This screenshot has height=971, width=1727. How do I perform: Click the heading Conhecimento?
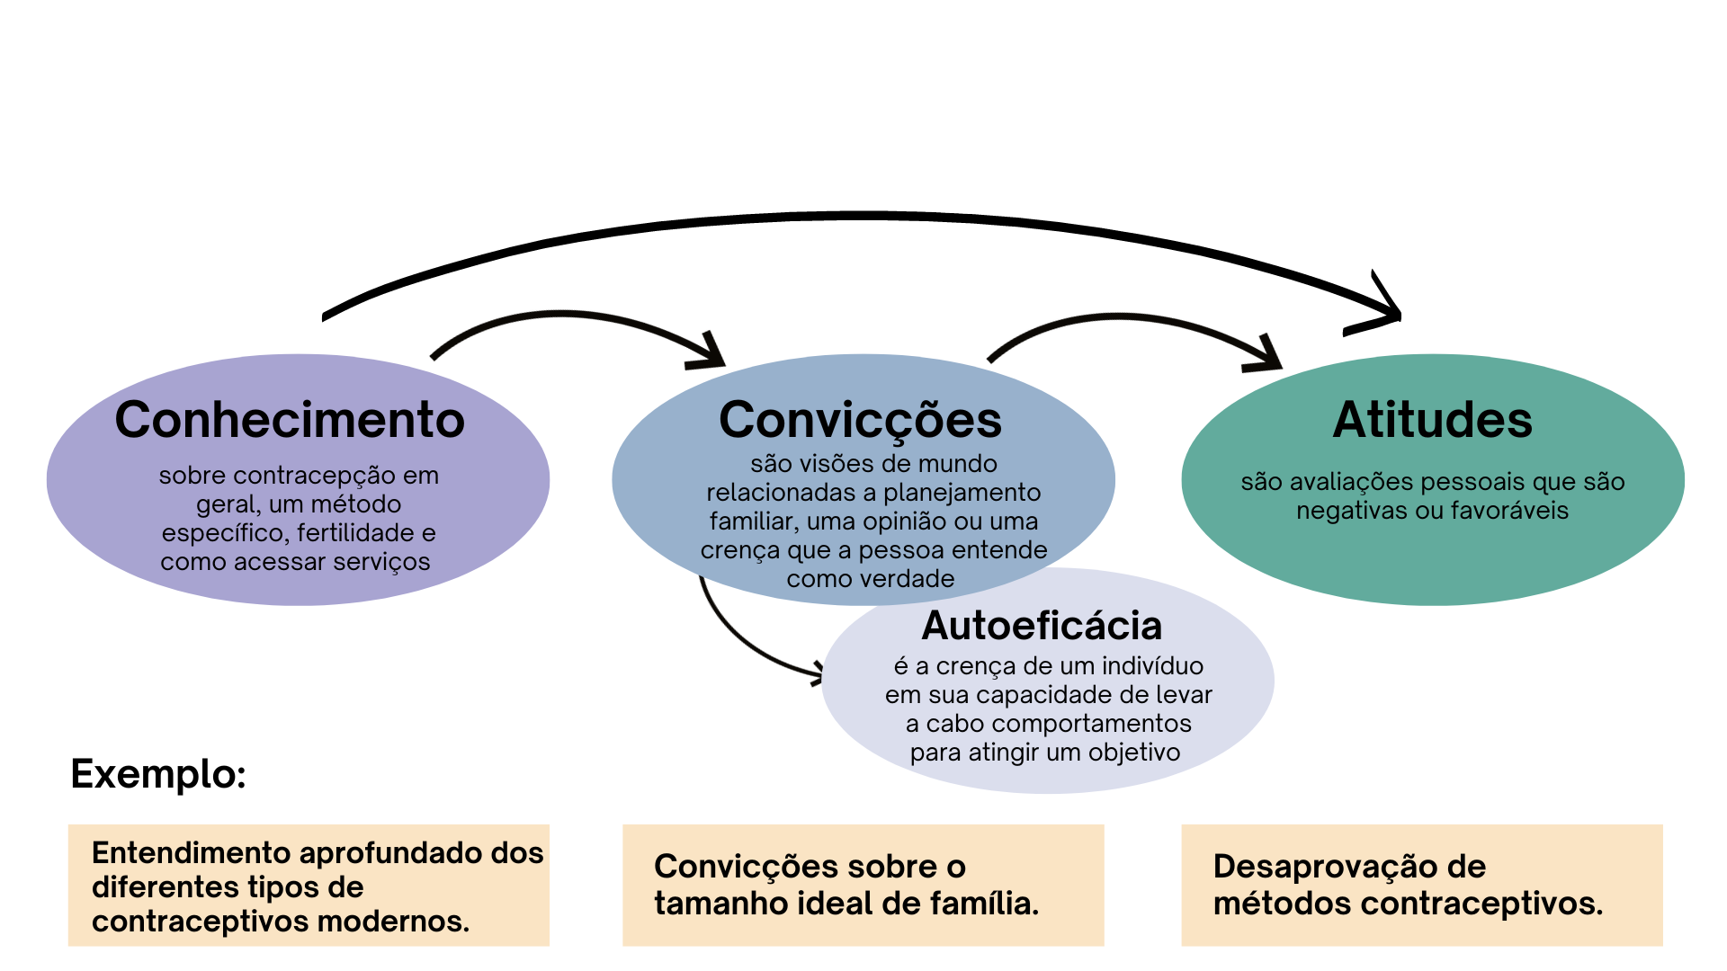pyautogui.click(x=290, y=420)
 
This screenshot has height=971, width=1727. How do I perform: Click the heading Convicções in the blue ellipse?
pyautogui.click(x=860, y=420)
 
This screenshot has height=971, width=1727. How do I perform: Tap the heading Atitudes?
pyautogui.click(x=1432, y=420)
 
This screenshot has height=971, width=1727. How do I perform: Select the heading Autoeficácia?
pyautogui.click(x=1042, y=626)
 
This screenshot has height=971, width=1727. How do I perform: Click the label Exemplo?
pyautogui.click(x=158, y=774)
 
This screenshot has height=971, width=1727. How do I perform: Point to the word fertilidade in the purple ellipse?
pyautogui.click(x=356, y=533)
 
